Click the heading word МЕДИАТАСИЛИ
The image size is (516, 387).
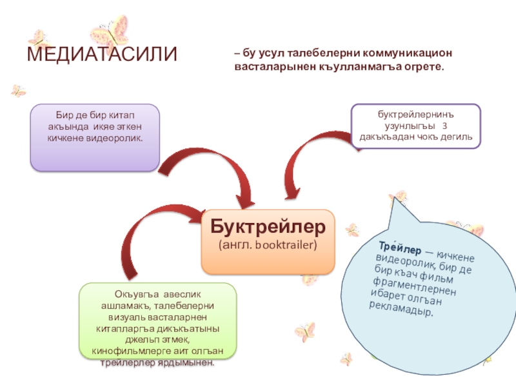coord(101,54)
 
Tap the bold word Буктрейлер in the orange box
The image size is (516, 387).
coord(268,227)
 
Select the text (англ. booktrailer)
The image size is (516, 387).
coord(268,246)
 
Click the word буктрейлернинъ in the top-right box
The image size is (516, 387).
coord(415,114)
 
